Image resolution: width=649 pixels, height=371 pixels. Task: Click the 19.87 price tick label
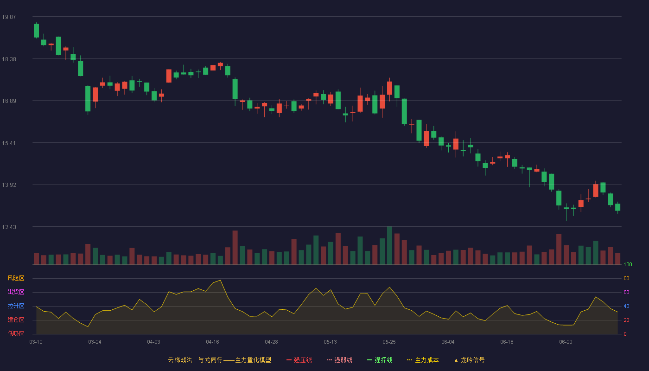coord(9,17)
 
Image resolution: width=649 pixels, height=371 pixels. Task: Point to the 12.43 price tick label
coord(9,227)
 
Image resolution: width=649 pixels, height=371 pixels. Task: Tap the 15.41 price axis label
coord(9,143)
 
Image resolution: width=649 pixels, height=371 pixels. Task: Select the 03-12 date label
coord(36,342)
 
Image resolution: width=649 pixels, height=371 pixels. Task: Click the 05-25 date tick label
coord(389,342)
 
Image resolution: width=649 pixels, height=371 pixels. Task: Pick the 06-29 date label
coord(566,342)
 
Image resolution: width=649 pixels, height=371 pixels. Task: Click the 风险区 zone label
coord(16,278)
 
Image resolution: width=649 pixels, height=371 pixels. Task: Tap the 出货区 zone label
coord(16,292)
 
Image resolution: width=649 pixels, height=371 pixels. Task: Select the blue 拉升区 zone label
coord(16,306)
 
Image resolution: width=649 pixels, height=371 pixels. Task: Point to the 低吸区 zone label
coord(16,333)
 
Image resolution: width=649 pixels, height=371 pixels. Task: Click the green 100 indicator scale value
coord(628,264)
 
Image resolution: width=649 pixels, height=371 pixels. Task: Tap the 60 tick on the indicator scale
coord(626,292)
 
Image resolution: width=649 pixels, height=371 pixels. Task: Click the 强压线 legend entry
coord(299,360)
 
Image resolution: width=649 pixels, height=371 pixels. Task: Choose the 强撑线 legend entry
coord(380,360)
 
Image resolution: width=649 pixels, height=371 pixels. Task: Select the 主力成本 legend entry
coord(423,360)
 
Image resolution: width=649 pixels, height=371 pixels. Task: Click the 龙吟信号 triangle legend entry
coord(469,360)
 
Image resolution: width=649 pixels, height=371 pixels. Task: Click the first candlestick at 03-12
coord(36,31)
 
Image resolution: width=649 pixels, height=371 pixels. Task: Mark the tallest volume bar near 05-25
coord(390,245)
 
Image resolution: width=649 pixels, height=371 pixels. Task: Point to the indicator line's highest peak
coord(221,280)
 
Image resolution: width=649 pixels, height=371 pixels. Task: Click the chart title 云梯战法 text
coord(180,360)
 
